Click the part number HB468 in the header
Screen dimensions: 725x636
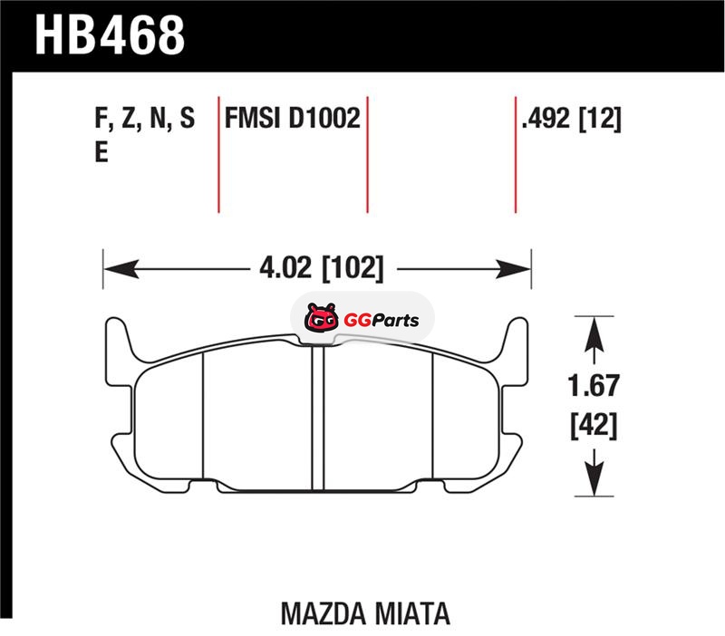point(110,35)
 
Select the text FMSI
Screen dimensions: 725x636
point(253,118)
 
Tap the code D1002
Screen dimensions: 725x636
point(324,118)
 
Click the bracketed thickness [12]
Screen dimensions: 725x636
point(600,119)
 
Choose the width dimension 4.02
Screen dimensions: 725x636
point(285,267)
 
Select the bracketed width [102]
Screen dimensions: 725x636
point(353,268)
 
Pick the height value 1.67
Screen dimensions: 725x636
point(594,386)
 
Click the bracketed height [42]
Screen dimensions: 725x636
point(594,426)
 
